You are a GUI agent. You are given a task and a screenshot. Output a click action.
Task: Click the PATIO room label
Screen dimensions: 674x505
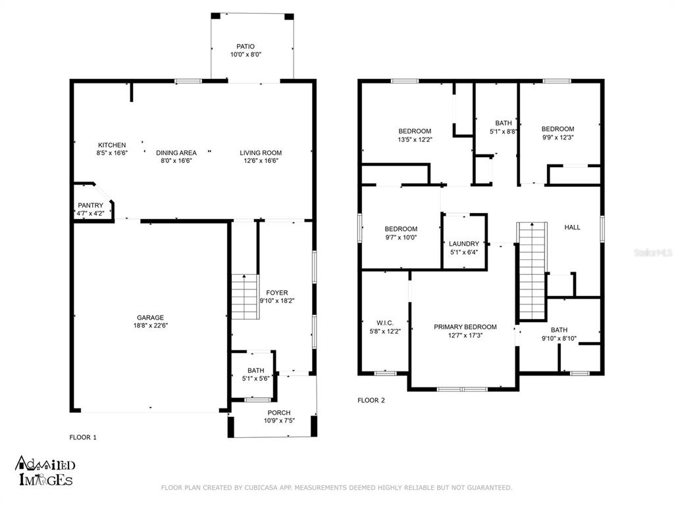pos(246,47)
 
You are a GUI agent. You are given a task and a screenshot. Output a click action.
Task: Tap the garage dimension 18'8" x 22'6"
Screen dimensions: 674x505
pos(151,325)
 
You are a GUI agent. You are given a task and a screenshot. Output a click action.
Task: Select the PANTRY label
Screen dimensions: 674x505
pos(90,205)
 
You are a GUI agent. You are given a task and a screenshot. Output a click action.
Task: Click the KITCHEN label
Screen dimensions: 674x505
pos(112,145)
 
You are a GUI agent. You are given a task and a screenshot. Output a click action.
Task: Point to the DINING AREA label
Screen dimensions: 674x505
pos(176,153)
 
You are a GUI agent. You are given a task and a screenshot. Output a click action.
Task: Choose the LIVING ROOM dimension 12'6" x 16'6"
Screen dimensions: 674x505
pos(261,160)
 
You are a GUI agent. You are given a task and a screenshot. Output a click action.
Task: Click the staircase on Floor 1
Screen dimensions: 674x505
pos(245,297)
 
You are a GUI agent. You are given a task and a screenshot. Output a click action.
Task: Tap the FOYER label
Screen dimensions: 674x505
pos(277,293)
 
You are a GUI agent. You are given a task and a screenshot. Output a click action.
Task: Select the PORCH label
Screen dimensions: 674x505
pos(279,413)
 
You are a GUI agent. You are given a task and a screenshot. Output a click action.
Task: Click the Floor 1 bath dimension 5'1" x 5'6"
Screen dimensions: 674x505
pos(256,378)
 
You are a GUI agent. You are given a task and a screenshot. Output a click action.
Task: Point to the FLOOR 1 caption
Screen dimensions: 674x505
pos(83,437)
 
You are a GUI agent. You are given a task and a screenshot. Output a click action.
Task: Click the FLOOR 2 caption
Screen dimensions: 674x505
pos(371,400)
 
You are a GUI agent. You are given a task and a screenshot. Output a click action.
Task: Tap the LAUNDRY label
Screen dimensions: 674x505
pos(464,244)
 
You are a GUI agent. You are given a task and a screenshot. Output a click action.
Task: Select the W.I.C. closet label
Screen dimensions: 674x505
pos(384,323)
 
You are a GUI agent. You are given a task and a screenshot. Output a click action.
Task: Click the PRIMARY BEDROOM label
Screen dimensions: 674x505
pos(465,327)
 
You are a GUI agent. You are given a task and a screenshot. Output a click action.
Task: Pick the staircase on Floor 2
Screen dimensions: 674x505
pos(532,272)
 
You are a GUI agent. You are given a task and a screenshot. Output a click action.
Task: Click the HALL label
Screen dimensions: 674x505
pos(572,227)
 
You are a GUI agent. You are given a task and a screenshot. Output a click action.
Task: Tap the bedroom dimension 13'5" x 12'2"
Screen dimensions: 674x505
pos(415,139)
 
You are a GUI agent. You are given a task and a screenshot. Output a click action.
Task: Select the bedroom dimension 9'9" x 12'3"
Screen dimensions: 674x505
pos(557,137)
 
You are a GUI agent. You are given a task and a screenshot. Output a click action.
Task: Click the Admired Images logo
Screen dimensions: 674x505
pos(45,471)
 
